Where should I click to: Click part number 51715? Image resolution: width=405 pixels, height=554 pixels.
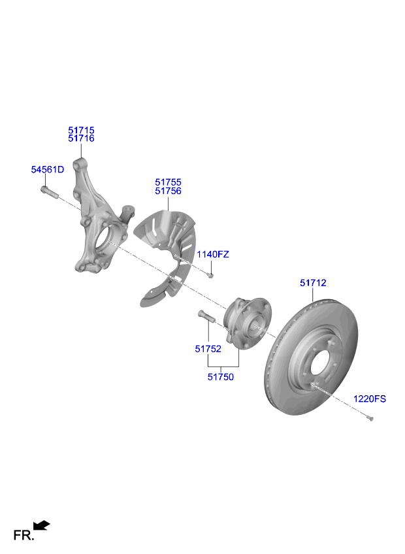point(81,131)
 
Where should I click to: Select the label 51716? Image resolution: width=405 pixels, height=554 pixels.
point(81,139)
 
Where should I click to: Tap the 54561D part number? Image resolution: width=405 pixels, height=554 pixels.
point(48,170)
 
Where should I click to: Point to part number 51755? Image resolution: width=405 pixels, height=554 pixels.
point(168,182)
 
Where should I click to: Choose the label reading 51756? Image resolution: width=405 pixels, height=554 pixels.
point(168,191)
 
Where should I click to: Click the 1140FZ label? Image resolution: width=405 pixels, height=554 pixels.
point(214,254)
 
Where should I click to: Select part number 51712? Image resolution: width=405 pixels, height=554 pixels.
point(313,283)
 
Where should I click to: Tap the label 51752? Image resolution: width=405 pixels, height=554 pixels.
point(208,349)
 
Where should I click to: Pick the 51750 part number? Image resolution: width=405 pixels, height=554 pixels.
point(221,377)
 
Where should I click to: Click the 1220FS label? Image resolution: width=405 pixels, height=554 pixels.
point(370,399)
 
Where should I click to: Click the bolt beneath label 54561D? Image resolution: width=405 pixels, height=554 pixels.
point(49,193)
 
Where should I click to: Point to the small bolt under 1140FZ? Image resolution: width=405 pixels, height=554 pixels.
point(210,275)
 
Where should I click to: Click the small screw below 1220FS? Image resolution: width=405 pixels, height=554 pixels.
point(370,419)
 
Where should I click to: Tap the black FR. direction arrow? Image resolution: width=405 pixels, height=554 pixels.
point(41,525)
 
